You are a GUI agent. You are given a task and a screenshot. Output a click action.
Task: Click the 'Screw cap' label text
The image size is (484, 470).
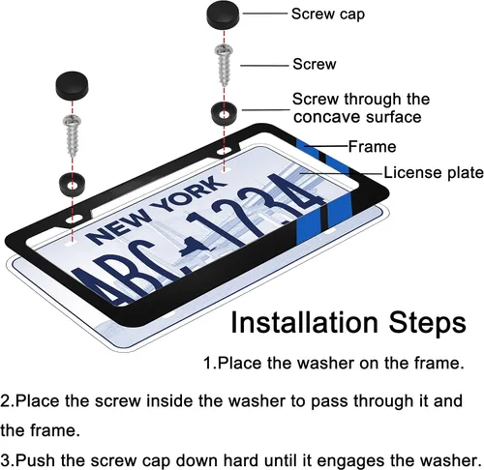click(x=328, y=15)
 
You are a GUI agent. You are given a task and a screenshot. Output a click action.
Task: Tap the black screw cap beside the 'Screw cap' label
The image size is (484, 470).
click(x=223, y=15)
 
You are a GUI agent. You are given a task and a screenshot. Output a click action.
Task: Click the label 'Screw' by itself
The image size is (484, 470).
click(x=315, y=64)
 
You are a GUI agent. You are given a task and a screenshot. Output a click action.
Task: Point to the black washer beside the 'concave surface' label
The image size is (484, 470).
click(x=224, y=113)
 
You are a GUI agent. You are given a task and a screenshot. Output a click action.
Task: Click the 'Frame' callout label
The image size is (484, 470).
click(x=372, y=147)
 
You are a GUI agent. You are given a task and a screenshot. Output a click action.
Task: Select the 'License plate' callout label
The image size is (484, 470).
click(x=434, y=173)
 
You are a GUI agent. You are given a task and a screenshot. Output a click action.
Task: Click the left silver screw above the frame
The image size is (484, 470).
click(x=74, y=135)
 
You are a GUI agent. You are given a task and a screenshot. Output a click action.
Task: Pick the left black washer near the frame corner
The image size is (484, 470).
click(x=73, y=185)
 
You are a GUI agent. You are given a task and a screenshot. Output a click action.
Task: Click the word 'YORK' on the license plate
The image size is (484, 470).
click(x=192, y=193)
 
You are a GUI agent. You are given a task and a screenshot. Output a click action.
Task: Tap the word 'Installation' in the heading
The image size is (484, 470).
click(x=304, y=323)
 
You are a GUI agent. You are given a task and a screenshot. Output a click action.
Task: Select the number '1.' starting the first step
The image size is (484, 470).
click(x=210, y=364)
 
